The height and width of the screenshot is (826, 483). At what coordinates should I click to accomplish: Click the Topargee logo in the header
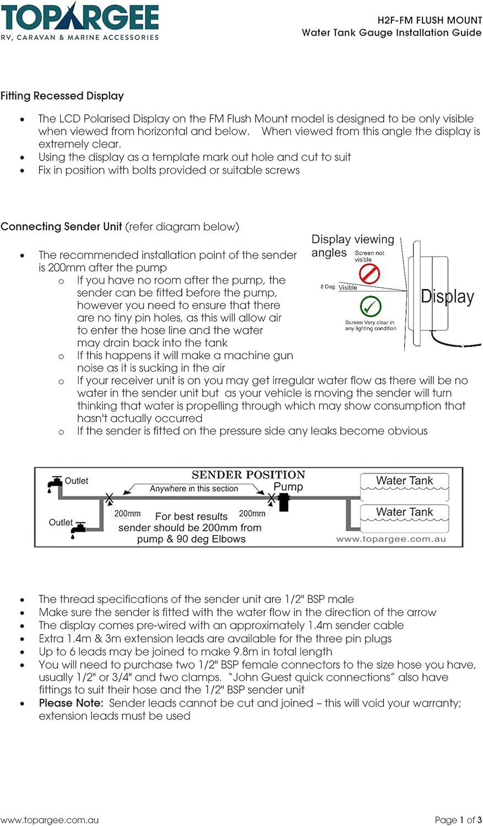click(79, 21)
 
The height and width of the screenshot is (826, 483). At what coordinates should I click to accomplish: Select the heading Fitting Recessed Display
click(62, 96)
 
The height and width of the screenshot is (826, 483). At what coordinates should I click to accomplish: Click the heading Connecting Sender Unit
click(61, 226)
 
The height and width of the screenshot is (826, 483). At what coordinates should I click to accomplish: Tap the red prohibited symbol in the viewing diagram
click(369, 274)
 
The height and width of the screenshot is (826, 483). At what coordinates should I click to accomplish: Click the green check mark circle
click(371, 306)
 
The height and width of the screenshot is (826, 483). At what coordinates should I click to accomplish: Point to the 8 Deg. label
click(328, 287)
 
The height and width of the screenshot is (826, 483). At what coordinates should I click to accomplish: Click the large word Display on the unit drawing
click(447, 297)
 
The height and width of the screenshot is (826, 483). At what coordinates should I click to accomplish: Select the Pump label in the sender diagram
click(288, 487)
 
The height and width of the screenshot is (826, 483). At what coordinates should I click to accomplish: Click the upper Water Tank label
click(404, 481)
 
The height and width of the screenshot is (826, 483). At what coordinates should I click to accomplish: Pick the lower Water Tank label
click(404, 512)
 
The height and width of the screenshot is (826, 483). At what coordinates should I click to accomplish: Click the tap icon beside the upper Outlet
click(55, 483)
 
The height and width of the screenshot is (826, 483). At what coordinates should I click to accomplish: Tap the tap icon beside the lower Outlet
click(79, 528)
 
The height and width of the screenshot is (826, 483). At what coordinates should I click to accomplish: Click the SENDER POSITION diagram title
click(248, 475)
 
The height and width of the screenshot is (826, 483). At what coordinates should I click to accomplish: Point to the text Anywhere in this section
click(194, 488)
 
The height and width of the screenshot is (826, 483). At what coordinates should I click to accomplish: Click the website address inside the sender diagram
click(391, 539)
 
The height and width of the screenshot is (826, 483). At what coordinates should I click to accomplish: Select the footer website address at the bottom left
click(50, 820)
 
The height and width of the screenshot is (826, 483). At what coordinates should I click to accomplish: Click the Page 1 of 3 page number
click(458, 820)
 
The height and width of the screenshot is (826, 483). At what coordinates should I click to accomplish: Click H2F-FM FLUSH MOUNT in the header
click(430, 20)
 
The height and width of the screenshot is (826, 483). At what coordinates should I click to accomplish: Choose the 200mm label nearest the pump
click(252, 514)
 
